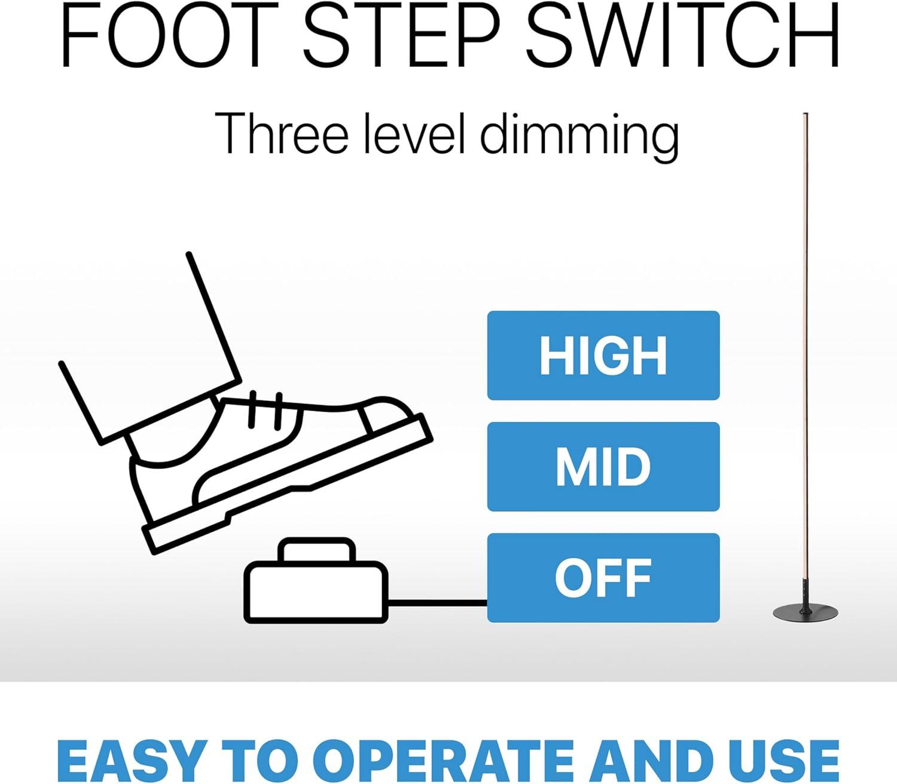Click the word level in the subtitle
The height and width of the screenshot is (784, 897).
[x=415, y=133]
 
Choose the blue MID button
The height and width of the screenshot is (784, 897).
[x=603, y=467]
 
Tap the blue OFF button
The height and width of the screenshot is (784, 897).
[x=603, y=578]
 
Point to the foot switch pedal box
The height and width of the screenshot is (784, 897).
[x=316, y=592]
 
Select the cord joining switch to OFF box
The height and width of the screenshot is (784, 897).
[x=438, y=603]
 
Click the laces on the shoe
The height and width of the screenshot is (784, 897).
[x=266, y=411]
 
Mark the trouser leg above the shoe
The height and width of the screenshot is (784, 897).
[x=149, y=350]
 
